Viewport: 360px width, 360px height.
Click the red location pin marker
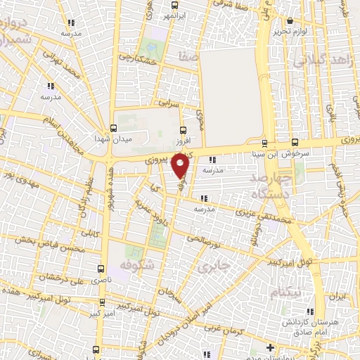click(181, 166)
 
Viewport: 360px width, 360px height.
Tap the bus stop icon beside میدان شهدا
click(113, 129)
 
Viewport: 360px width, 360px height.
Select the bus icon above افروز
click(184, 130)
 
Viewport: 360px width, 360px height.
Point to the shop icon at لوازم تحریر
click(290, 21)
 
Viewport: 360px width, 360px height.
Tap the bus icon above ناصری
click(102, 269)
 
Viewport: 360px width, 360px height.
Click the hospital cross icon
click(270, 348)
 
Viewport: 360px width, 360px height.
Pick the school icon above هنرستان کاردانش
click(310, 310)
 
